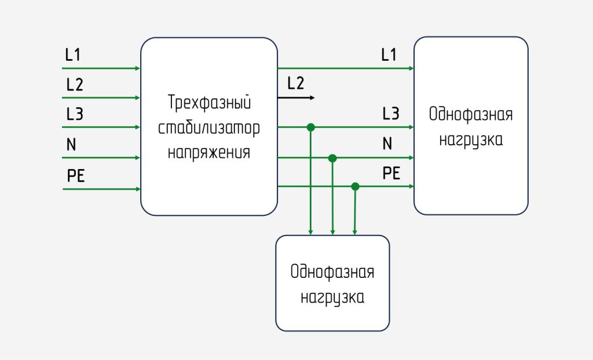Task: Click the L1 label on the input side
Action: point(73,56)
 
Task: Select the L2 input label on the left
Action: point(74,85)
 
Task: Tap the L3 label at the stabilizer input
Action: point(74,115)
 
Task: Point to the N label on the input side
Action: point(71,145)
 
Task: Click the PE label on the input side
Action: point(76,176)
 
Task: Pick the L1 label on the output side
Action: point(389,56)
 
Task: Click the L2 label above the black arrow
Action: point(295,84)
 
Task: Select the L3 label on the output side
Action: point(390,114)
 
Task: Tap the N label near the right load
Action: point(387,144)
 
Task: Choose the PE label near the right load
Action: point(391,174)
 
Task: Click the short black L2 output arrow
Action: point(296,98)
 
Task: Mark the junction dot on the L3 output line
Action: point(310,127)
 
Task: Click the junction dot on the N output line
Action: point(332,157)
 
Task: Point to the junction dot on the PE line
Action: point(356,186)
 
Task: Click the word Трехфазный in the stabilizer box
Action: point(209,104)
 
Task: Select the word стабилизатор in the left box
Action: point(209,128)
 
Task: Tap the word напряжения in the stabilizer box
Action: point(209,153)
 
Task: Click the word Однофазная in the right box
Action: point(471,114)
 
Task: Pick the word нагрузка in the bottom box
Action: point(332,297)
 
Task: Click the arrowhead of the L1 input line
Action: point(137,68)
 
